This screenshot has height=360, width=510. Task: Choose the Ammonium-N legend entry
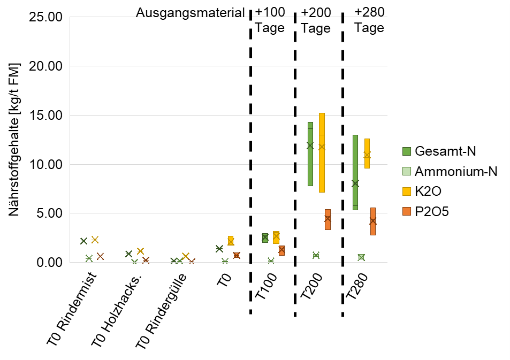(x=455, y=171)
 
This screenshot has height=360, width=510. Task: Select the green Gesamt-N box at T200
(x=310, y=154)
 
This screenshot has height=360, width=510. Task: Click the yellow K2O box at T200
(x=322, y=152)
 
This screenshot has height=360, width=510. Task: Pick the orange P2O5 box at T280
(x=373, y=221)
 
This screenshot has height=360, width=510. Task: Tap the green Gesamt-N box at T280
(x=355, y=172)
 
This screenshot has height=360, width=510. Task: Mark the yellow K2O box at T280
(x=367, y=154)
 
